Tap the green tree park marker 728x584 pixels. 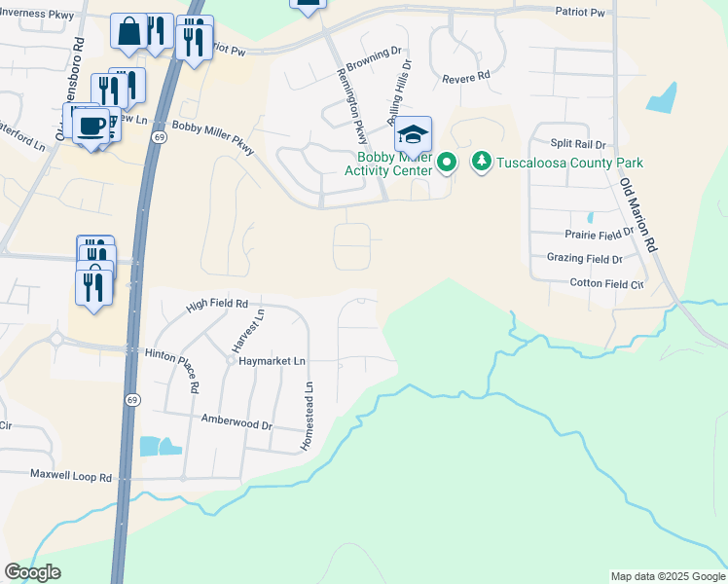click(x=481, y=162)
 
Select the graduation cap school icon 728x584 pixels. click(x=414, y=135)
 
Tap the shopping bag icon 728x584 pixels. click(x=128, y=32)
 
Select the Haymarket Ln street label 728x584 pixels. click(x=273, y=360)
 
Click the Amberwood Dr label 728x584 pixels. click(x=237, y=422)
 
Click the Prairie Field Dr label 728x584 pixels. click(x=599, y=235)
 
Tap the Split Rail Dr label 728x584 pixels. click(x=578, y=143)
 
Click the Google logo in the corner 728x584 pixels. click(x=32, y=572)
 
